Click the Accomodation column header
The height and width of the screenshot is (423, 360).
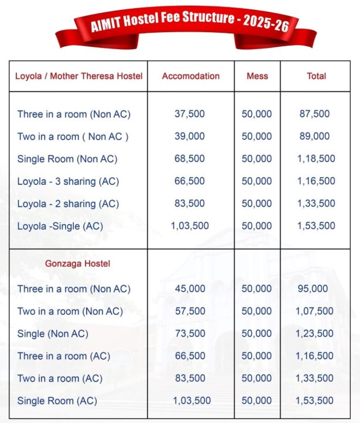(191, 76)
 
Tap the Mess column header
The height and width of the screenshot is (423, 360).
(258, 76)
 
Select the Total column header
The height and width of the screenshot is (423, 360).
(316, 76)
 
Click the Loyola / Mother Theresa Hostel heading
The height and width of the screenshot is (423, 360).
(78, 76)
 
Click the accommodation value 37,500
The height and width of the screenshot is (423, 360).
(190, 114)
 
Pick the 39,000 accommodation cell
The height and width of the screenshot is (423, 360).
(190, 136)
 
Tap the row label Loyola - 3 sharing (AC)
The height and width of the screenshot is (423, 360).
(68, 181)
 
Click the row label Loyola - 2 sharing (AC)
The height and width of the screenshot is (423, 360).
(68, 204)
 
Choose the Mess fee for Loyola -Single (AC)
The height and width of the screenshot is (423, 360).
(257, 226)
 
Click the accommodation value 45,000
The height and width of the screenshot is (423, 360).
(190, 289)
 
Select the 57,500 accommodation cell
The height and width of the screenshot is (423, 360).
(190, 311)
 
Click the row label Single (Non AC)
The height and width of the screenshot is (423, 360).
(53, 333)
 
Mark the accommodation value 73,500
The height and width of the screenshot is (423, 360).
(190, 333)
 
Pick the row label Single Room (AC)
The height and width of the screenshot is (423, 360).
(57, 401)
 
